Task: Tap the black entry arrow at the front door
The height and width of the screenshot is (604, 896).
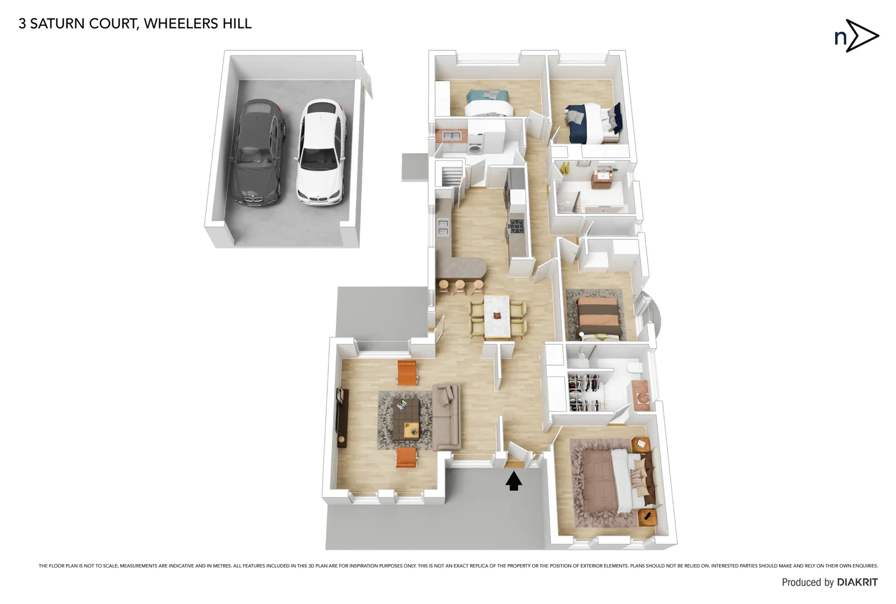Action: tap(514, 481)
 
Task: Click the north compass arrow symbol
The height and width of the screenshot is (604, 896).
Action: tap(861, 36)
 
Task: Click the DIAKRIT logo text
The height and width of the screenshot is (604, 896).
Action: tap(857, 582)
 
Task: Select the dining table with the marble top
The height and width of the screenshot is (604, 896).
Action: tap(497, 317)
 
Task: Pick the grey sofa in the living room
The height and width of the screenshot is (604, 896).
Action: tap(447, 417)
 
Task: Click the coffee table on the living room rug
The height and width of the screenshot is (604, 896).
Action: tap(406, 418)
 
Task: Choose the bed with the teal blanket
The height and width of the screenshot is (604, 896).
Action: tap(488, 103)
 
